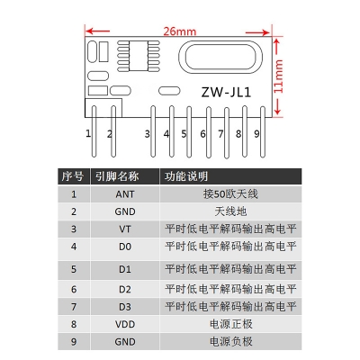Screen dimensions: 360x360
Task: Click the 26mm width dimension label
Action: coord(180,31)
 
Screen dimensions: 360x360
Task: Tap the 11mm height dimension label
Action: coord(278,76)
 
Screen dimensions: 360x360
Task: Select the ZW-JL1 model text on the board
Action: coord(226,92)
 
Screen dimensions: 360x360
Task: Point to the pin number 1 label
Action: coord(88,133)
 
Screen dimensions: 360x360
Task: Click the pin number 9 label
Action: coord(256,134)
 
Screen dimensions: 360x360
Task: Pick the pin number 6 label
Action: coord(202,134)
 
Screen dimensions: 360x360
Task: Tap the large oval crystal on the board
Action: coord(220,57)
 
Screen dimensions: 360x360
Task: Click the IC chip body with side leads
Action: coord(139,56)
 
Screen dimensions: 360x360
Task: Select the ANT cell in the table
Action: coord(125,194)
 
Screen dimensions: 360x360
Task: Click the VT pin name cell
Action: coord(125,229)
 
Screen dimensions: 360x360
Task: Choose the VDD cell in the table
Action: coord(125,324)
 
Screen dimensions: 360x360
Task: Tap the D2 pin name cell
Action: coord(125,290)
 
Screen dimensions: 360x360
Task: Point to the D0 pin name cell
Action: coord(125,247)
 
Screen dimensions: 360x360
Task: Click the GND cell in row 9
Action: coord(125,342)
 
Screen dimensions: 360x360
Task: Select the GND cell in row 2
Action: coord(125,211)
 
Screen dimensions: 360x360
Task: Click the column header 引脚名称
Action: coord(117,176)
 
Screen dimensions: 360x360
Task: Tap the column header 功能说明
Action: coord(186,176)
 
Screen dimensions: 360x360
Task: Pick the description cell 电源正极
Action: coord(230,324)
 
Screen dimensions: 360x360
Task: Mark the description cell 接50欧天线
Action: coord(230,194)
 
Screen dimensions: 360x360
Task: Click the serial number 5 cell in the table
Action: coord(74,269)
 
